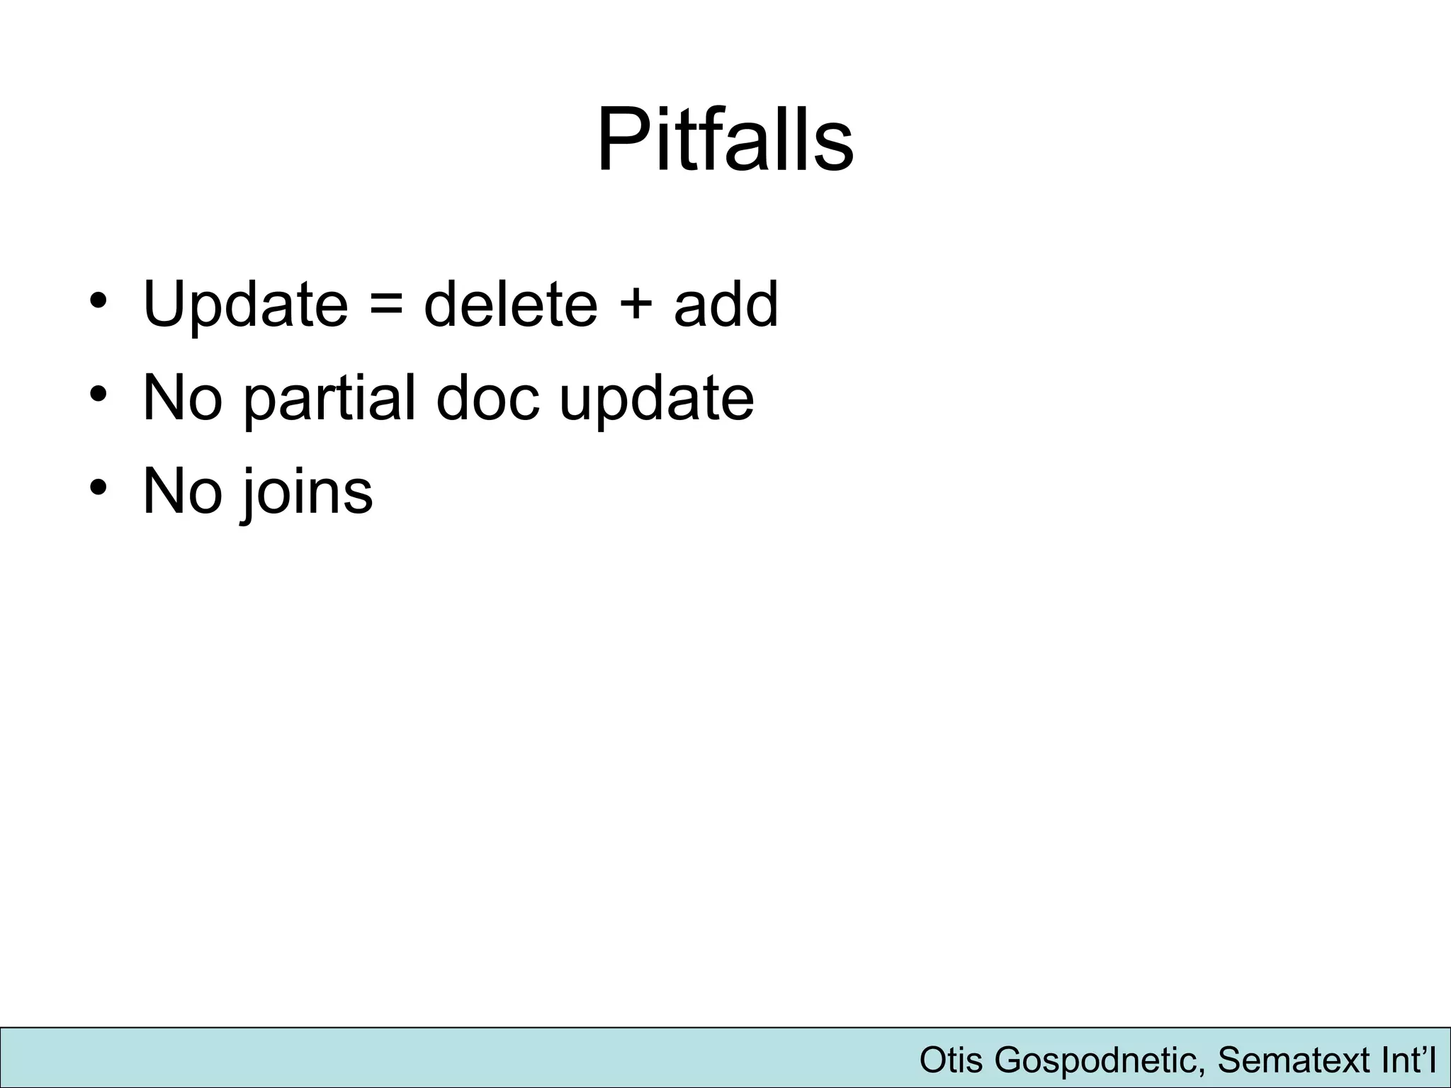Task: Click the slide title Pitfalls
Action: coord(725,139)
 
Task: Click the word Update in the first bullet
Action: coord(245,305)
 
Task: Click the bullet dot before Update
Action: coord(98,300)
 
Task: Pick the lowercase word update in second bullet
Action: coord(656,401)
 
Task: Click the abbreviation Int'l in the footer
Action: coord(1409,1060)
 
